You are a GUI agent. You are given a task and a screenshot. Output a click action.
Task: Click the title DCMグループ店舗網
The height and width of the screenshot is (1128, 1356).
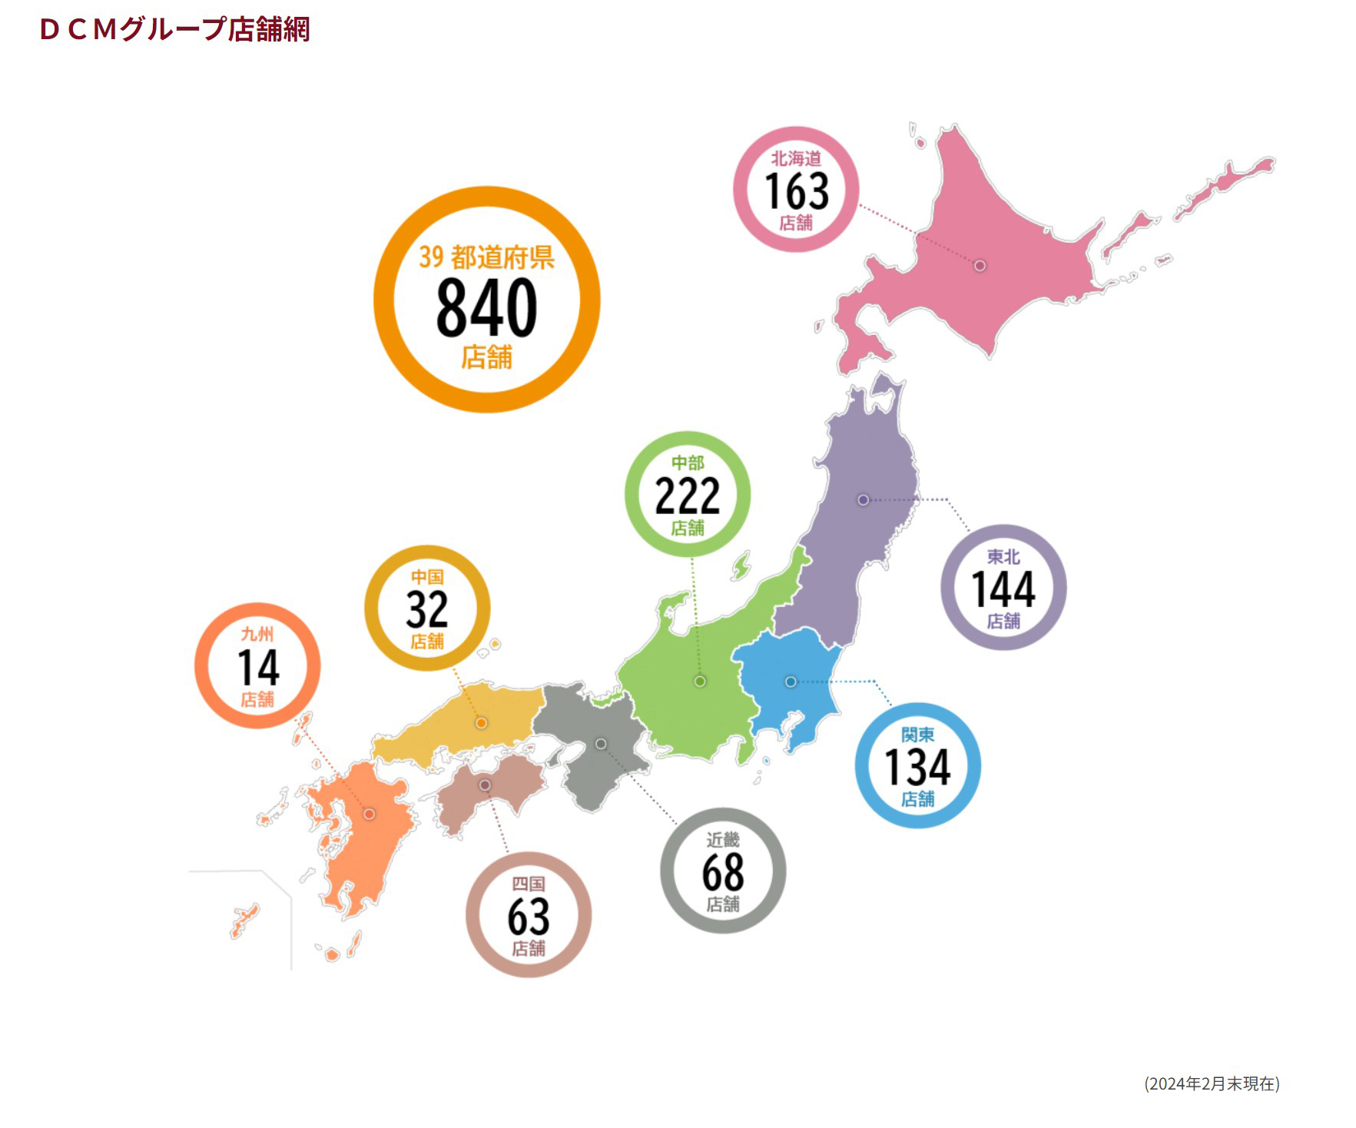click(x=174, y=29)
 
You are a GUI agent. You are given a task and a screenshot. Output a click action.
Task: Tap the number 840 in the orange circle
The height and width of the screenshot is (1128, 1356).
click(x=486, y=307)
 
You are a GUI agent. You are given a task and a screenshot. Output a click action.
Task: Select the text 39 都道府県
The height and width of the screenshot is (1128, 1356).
click(x=486, y=257)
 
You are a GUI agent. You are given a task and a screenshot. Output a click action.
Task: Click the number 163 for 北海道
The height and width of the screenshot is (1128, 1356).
click(x=797, y=191)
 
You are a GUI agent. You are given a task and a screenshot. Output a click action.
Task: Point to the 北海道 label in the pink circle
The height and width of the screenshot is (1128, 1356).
click(x=796, y=158)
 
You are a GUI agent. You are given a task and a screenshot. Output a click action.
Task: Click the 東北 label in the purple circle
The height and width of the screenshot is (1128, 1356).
click(x=1003, y=556)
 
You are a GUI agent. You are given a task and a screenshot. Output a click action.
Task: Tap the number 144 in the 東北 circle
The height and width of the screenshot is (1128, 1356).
click(x=1003, y=589)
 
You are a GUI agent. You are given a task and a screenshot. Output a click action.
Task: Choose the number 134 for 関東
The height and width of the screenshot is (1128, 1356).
click(x=917, y=767)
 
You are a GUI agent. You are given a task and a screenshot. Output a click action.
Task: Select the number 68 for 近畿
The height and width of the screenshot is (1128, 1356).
click(x=723, y=872)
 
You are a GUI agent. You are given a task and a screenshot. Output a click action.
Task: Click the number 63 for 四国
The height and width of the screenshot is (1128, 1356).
click(x=529, y=916)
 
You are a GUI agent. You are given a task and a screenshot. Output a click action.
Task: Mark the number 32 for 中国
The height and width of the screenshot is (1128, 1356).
click(x=427, y=609)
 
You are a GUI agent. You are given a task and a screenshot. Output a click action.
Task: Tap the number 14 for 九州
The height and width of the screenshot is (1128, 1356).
click(x=258, y=667)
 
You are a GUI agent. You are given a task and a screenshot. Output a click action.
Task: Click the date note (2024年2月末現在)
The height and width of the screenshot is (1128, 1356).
click(x=1212, y=1083)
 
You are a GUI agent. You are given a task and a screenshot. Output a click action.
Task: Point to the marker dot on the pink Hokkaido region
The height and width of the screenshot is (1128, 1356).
click(x=980, y=266)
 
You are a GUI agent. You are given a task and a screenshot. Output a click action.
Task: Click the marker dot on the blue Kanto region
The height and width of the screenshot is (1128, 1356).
click(x=791, y=682)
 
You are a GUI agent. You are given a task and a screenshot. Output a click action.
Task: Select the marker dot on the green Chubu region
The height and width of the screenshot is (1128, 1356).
click(x=700, y=682)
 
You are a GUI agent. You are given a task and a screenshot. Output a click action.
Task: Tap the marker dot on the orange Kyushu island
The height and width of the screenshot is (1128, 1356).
click(x=370, y=814)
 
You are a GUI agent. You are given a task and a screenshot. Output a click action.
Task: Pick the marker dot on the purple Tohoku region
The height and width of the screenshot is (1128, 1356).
click(x=864, y=500)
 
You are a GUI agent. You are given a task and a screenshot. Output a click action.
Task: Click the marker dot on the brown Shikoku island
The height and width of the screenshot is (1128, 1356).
click(x=485, y=785)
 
